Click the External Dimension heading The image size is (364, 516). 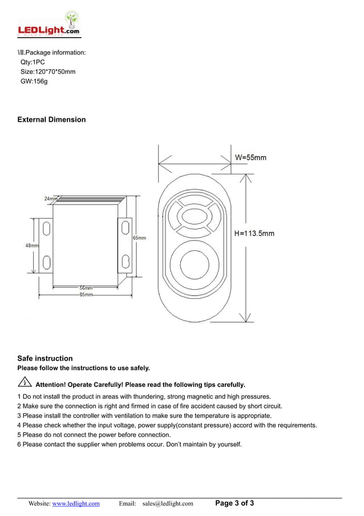[51, 119]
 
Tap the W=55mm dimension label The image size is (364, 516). [250, 157]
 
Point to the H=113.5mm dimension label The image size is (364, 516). [254, 233]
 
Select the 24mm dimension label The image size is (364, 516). [50, 198]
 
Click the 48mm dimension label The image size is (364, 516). [32, 245]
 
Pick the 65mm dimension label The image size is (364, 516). [139, 238]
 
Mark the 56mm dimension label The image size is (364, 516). [86, 288]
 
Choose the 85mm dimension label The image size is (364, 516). [86, 294]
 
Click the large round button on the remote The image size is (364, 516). [195, 265]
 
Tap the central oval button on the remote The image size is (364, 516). [195, 217]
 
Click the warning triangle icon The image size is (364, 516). [25, 383]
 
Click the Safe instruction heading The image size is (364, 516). [45, 358]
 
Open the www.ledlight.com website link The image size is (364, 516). [76, 503]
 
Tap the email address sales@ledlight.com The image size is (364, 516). [168, 503]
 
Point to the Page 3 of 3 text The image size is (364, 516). [234, 503]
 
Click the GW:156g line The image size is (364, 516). [34, 81]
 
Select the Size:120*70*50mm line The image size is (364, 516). [47, 71]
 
